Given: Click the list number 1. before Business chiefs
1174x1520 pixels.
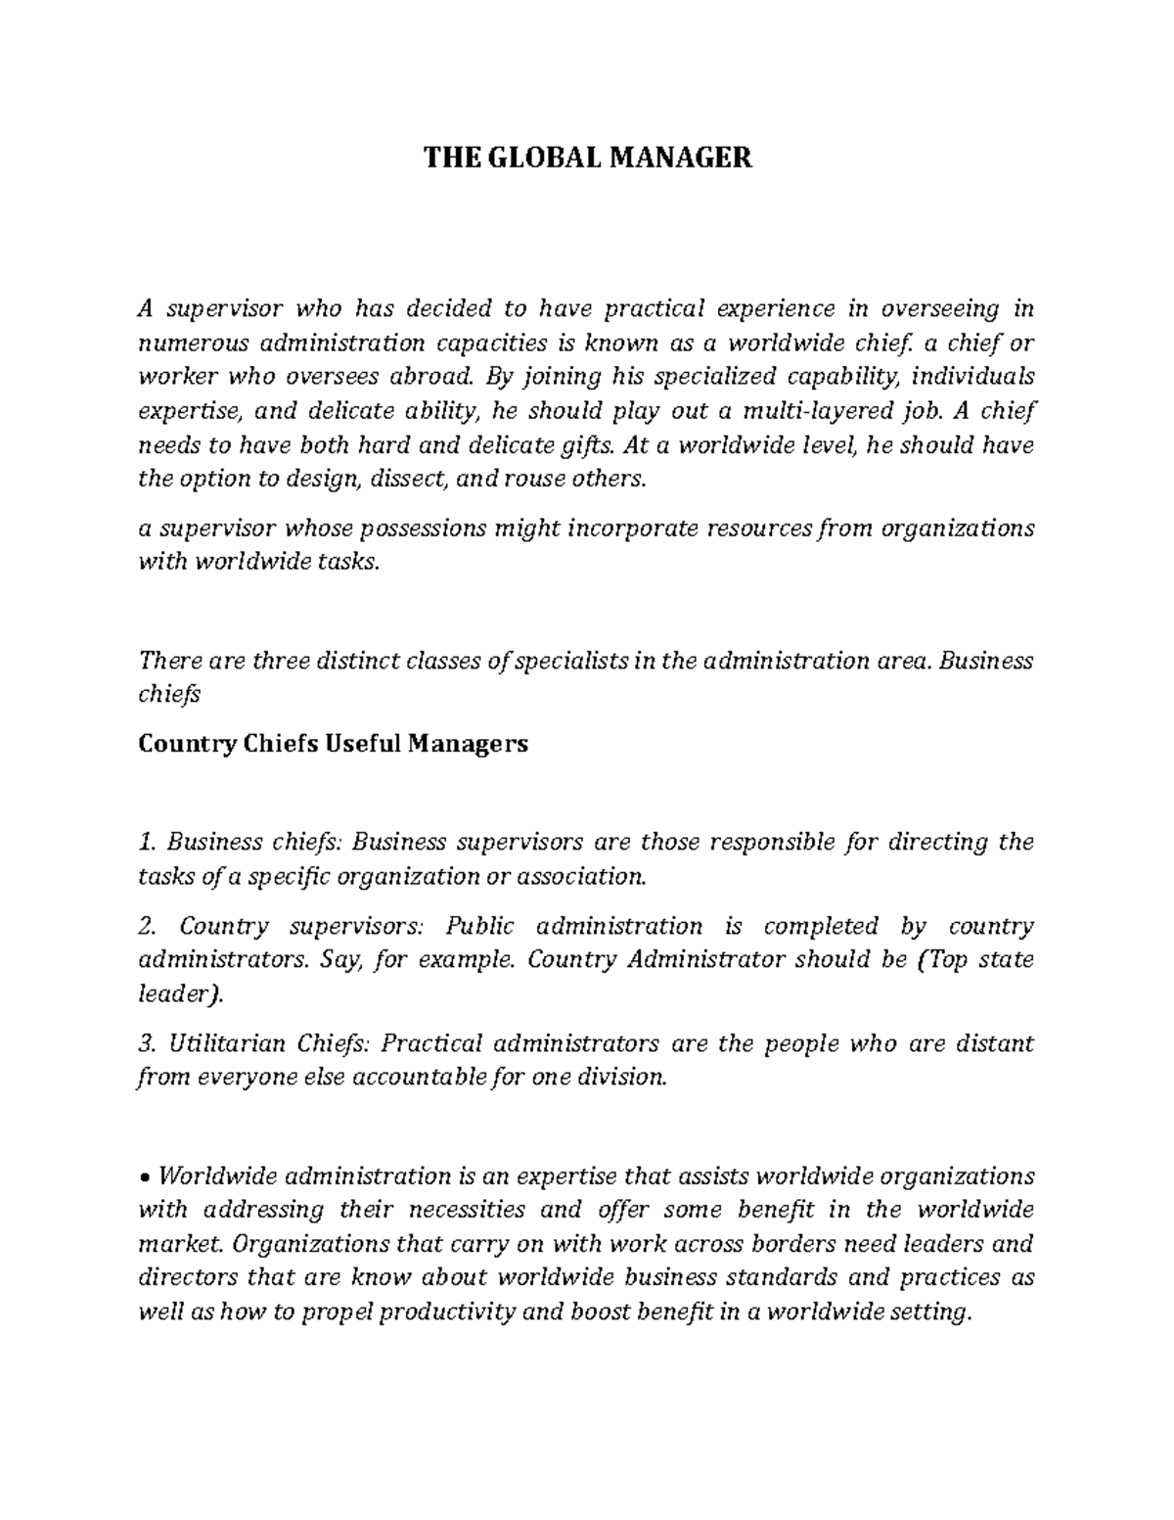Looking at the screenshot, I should pos(148,842).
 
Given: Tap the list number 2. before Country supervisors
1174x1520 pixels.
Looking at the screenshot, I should pos(148,926).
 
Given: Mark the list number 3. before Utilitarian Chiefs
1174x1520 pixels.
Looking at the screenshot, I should pos(148,1043).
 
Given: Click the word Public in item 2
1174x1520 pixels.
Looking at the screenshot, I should pos(477,926).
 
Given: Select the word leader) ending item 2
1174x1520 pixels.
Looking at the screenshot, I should pos(180,994).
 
